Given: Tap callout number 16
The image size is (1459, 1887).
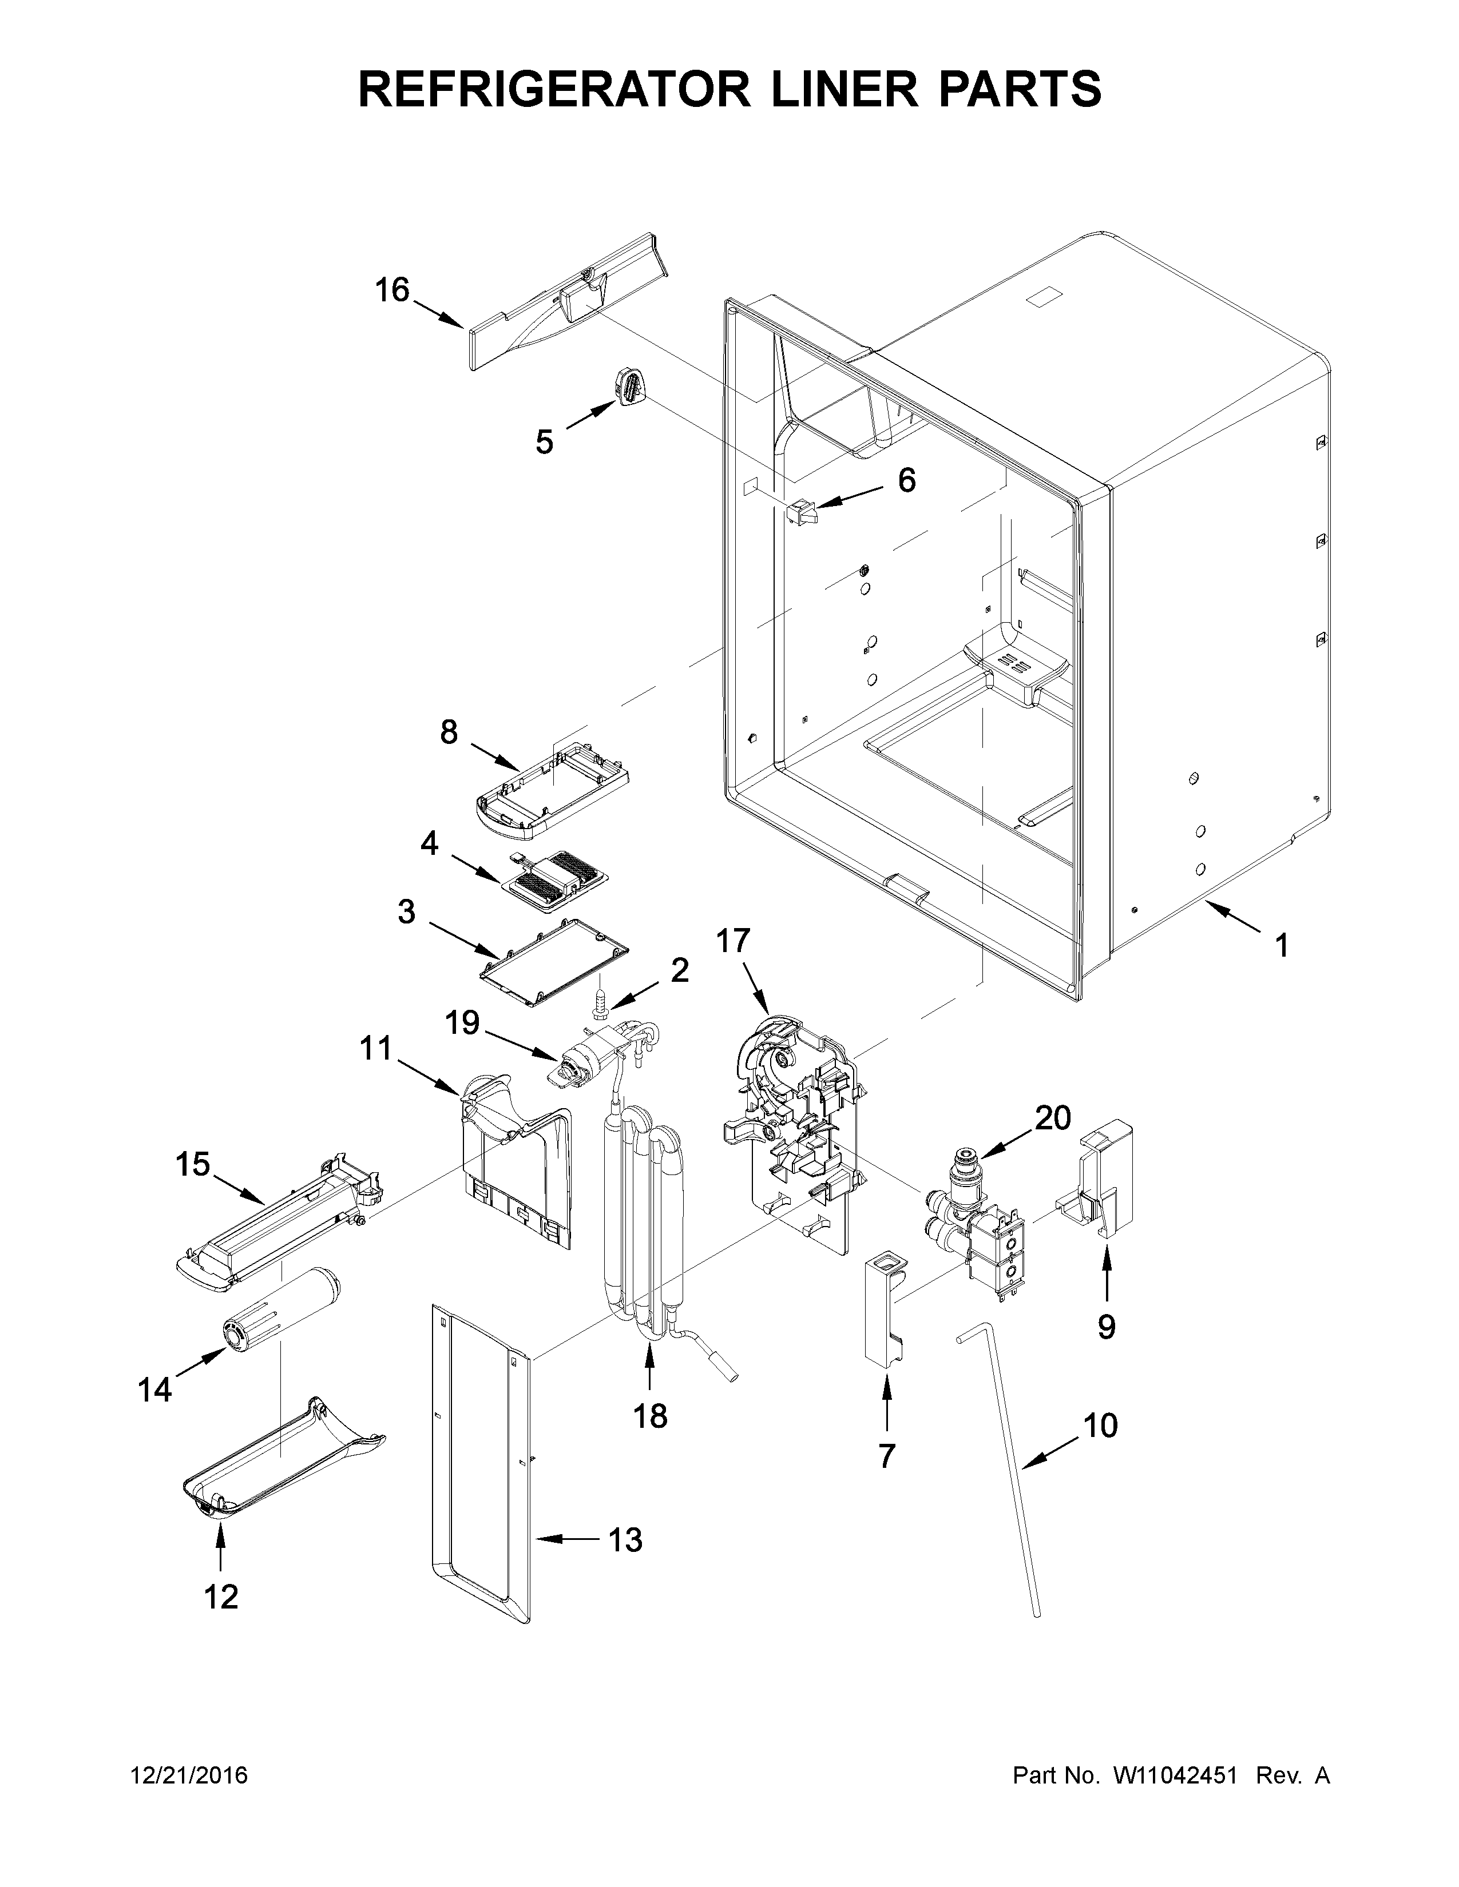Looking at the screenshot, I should click(x=391, y=290).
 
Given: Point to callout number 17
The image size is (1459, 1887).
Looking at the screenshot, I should click(x=733, y=941).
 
